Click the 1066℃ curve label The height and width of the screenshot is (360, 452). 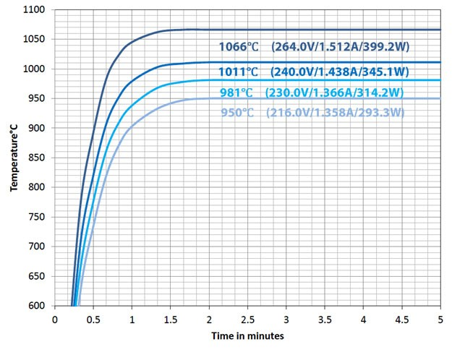(238, 47)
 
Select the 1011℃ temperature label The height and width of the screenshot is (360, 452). (238, 72)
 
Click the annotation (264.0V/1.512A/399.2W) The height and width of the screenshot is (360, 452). (340, 47)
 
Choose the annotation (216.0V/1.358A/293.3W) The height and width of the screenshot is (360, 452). (335, 113)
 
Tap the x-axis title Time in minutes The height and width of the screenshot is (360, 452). (247, 336)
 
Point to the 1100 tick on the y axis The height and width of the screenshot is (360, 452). (34, 10)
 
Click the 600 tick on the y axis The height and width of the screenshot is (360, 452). (36, 306)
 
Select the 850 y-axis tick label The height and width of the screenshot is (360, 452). (36, 158)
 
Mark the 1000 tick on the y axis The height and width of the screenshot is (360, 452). (34, 69)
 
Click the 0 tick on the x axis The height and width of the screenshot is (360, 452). (54, 317)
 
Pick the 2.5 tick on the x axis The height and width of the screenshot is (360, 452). (248, 317)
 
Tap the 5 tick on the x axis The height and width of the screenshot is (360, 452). (441, 317)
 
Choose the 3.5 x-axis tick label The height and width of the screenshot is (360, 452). (325, 317)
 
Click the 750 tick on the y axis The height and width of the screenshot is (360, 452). (36, 217)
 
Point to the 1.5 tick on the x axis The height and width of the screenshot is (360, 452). (171, 317)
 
